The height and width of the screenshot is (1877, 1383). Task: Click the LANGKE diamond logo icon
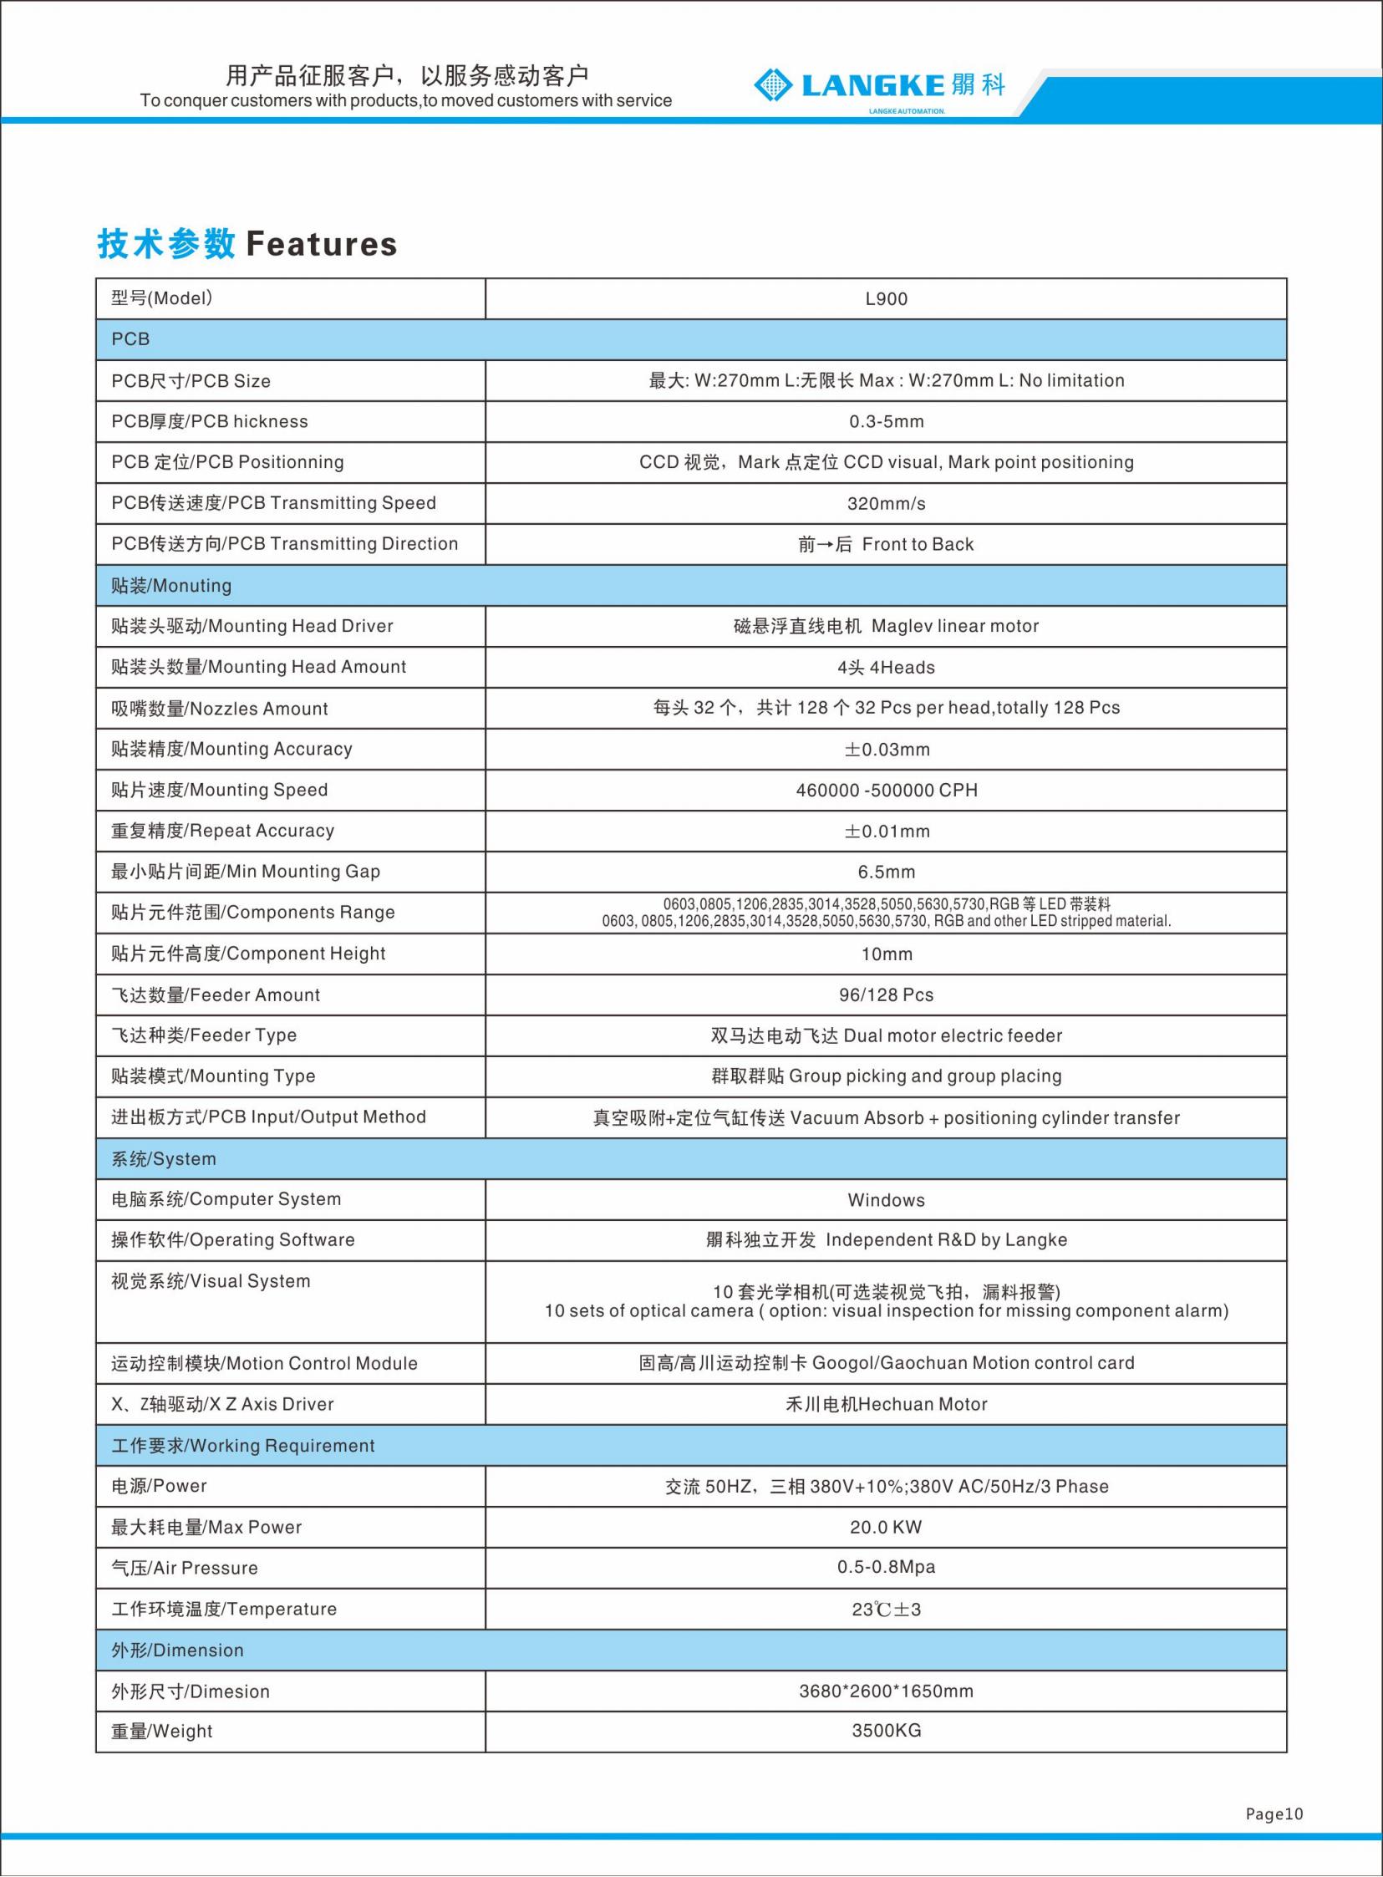(x=773, y=84)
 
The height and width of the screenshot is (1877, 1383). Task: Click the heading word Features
(x=322, y=245)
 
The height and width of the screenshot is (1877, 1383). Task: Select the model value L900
(x=886, y=299)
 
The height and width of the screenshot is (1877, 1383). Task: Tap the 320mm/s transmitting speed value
(x=886, y=504)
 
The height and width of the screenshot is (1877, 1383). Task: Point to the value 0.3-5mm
(x=886, y=422)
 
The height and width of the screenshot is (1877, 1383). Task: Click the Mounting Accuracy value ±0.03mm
(x=886, y=750)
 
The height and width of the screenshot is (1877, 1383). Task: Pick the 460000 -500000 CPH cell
(x=886, y=791)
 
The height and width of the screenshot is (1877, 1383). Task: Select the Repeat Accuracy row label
(x=222, y=831)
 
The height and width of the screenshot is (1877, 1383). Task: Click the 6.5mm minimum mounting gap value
(x=886, y=872)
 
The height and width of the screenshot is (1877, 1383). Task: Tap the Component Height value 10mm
(x=886, y=954)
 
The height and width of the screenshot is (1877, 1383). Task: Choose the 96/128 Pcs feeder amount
(x=886, y=995)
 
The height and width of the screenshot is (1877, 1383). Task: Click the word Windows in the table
(x=886, y=1200)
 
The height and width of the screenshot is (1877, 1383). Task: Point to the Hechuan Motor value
(x=886, y=1404)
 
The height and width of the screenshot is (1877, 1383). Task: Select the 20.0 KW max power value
(x=886, y=1527)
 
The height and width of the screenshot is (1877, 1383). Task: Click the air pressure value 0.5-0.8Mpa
(x=886, y=1567)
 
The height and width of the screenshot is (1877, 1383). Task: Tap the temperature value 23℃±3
(x=886, y=1609)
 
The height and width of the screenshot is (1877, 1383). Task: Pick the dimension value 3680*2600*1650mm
(x=886, y=1691)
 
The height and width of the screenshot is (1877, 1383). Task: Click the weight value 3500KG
(x=886, y=1731)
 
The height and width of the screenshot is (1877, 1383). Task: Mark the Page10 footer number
(x=1274, y=1813)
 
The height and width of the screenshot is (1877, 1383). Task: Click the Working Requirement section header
(x=243, y=1446)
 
